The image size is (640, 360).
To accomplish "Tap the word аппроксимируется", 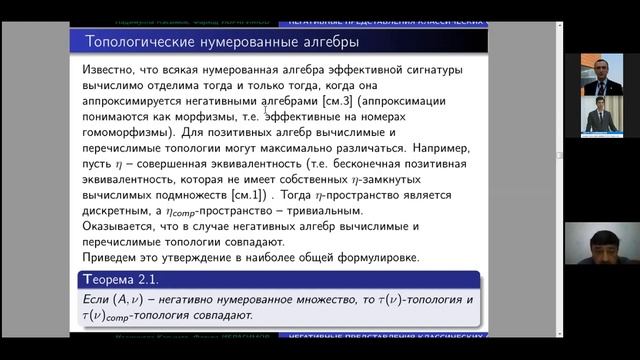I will tap(139, 102).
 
